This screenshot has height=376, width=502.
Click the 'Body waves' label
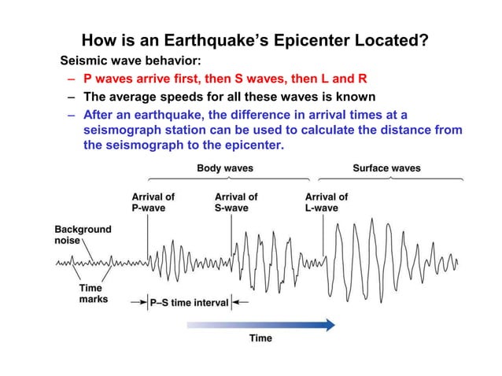pos(224,168)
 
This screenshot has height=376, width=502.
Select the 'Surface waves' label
pos(386,168)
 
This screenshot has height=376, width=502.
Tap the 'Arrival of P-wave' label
pos(153,202)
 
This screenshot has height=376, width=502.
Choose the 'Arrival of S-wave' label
pos(236,202)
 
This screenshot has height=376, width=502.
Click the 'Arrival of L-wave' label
pos(326,202)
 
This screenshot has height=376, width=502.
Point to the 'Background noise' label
pos(83,234)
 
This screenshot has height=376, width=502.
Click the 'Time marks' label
pos(93,293)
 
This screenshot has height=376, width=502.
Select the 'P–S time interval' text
pos(190,302)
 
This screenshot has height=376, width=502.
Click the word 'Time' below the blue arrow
pos(260,338)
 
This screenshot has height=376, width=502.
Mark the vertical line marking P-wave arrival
pos(148,236)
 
